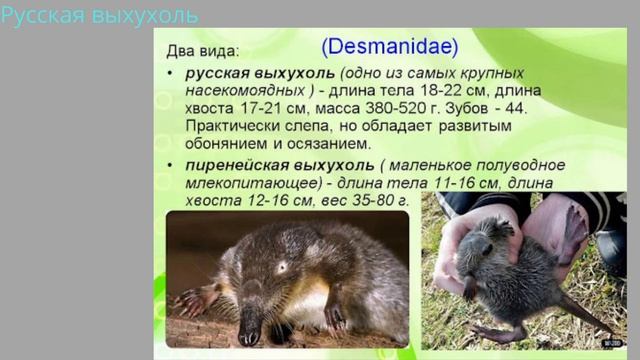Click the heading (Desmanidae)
pyautogui.click(x=390, y=45)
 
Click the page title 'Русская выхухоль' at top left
pyautogui.click(x=99, y=15)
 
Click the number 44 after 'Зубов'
pyautogui.click(x=529, y=107)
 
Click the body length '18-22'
pyautogui.click(x=425, y=91)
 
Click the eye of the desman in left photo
pyautogui.click(x=283, y=267)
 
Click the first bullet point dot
pyautogui.click(x=171, y=75)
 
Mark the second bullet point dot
pyautogui.click(x=171, y=165)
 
